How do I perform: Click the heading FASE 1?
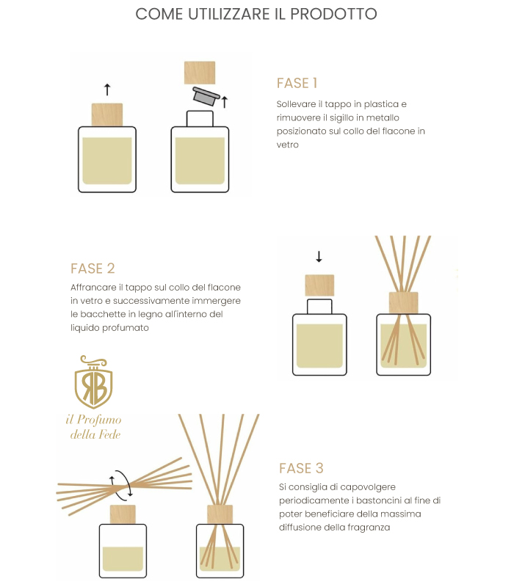[x=297, y=83]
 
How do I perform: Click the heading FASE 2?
[x=93, y=269]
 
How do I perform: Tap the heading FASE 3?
[x=301, y=468]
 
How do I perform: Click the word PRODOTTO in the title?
[x=333, y=14]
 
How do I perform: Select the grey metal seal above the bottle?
[x=206, y=96]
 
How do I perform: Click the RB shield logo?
[x=94, y=382]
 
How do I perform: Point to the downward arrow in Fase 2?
[x=319, y=256]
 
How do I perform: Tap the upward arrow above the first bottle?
[x=107, y=90]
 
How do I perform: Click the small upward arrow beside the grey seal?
[x=225, y=102]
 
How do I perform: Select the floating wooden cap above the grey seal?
[x=200, y=73]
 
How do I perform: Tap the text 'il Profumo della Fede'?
[x=94, y=427]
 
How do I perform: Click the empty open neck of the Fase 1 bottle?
[x=200, y=119]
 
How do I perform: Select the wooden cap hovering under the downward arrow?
[x=319, y=285]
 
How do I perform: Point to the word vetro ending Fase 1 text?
[x=287, y=145]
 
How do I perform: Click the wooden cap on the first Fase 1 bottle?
[x=107, y=115]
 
